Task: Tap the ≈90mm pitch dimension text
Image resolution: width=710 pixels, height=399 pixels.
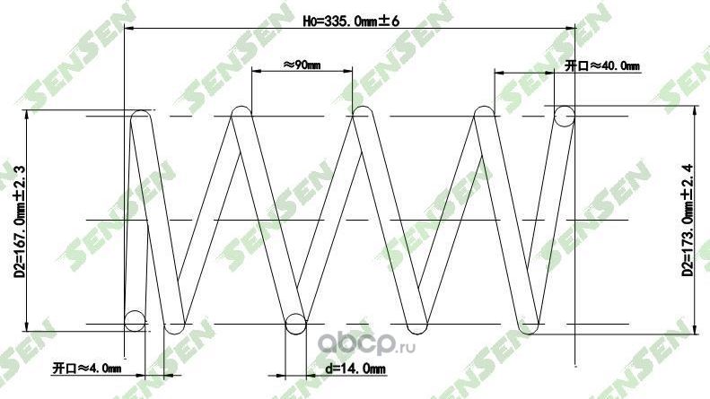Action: [x=302, y=65]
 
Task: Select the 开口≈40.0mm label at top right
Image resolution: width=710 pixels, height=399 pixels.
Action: [x=601, y=65]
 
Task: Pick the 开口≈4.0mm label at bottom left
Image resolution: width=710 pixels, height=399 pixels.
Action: [x=86, y=368]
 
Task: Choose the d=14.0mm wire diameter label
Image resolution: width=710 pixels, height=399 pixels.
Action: [x=355, y=368]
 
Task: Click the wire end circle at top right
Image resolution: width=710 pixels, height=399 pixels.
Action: [x=564, y=116]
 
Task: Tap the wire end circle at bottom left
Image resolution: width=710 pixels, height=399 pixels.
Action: [x=135, y=320]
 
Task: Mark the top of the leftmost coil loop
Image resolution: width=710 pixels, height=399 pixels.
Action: [x=141, y=114]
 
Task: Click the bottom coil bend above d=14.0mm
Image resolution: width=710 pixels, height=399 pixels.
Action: [x=296, y=325]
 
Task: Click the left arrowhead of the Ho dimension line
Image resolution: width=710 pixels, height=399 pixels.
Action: [x=128, y=28]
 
